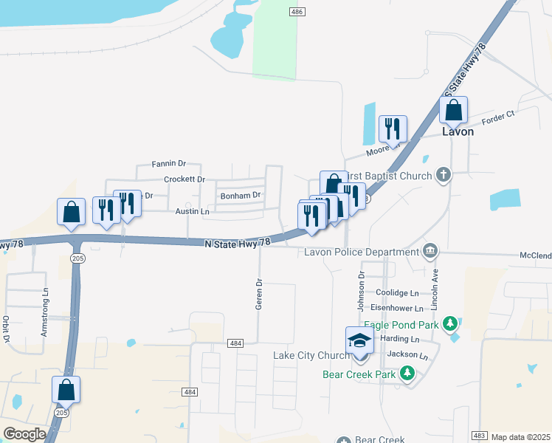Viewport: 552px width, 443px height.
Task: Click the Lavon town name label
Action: point(457,132)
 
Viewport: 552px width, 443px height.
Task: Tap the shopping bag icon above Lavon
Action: point(453,111)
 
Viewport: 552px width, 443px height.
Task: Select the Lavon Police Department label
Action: point(361,252)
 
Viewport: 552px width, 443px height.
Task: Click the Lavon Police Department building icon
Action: point(429,252)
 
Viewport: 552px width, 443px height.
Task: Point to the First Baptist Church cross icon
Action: point(443,175)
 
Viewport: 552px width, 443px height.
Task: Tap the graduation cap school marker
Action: point(359,340)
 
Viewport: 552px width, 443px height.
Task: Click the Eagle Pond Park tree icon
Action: point(450,323)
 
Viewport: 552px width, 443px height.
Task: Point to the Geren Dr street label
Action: point(259,294)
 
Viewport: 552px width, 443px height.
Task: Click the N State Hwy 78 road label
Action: point(237,242)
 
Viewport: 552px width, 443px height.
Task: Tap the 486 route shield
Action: point(297,12)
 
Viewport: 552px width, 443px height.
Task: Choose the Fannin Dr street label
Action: point(168,163)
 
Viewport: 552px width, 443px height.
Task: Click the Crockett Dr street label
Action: point(184,179)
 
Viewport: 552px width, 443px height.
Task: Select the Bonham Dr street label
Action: point(241,196)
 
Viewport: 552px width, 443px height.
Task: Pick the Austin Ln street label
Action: point(192,211)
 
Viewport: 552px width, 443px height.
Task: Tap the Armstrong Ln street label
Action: point(44,321)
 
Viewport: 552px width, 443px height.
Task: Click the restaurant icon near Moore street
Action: point(392,129)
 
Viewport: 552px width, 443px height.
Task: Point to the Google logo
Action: point(24,434)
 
